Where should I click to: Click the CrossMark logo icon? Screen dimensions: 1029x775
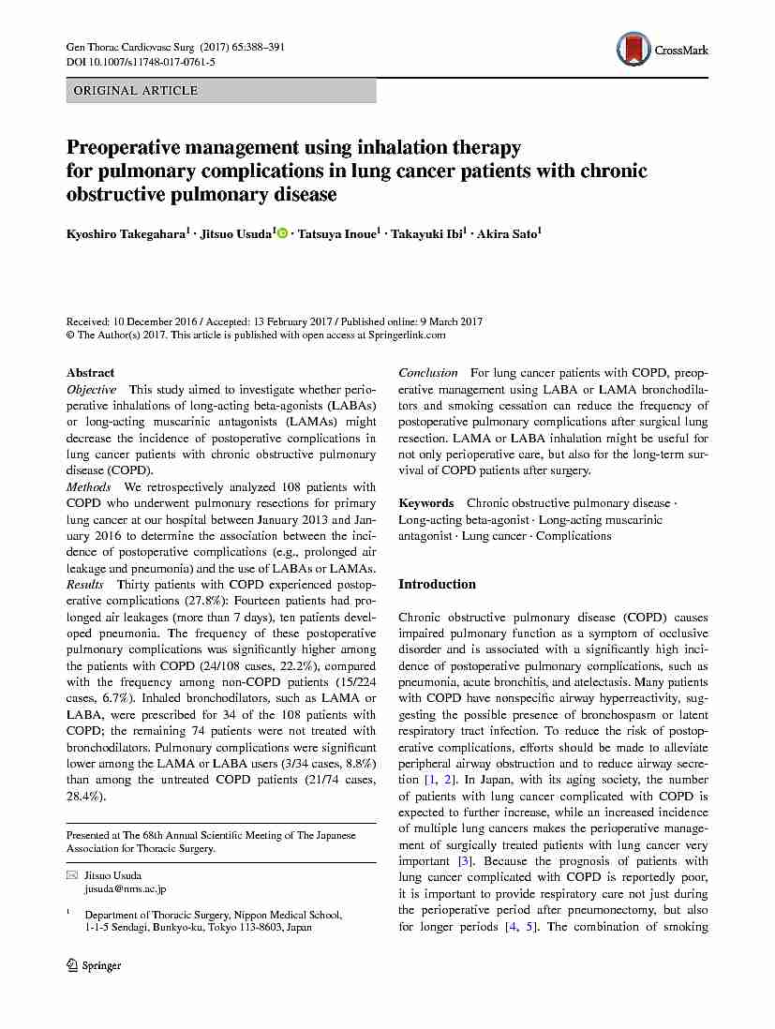pos(634,49)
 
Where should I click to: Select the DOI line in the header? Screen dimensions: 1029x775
pos(141,62)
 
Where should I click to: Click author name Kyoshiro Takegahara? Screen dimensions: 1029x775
pos(124,233)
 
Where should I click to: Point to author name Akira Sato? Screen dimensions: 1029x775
pos(507,233)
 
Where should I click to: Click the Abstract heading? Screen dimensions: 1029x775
pos(90,372)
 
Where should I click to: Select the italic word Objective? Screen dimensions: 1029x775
pos(91,389)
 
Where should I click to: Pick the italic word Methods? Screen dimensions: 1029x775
pos(88,487)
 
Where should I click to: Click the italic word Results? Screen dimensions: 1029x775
pos(85,585)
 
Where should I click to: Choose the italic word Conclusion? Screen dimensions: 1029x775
pos(428,373)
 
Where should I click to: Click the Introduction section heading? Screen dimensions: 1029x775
pos(437,584)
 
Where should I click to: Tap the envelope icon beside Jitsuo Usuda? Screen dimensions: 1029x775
pos(71,874)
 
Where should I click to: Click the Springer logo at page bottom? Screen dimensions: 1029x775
pos(94,965)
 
